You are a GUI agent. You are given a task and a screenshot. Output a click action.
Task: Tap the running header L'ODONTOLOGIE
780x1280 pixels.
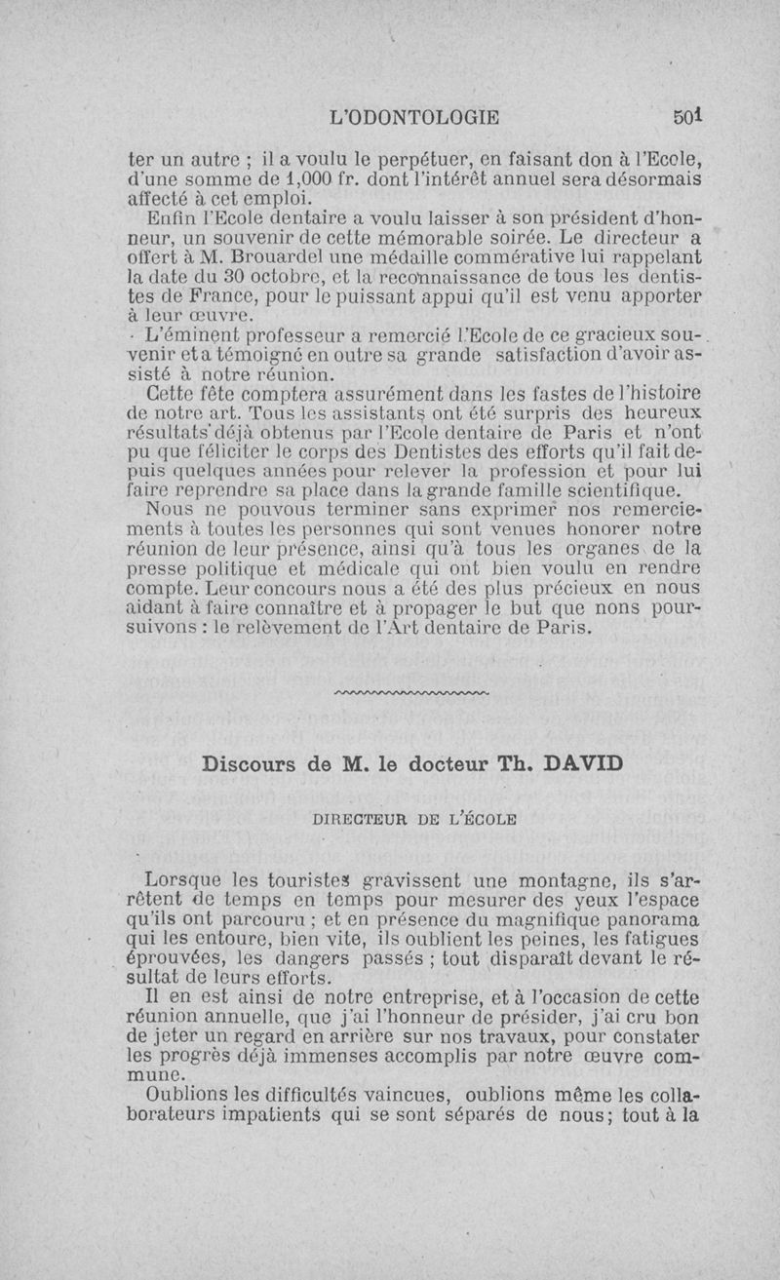click(x=415, y=118)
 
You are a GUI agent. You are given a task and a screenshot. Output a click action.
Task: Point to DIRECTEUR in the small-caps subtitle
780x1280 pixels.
click(x=357, y=818)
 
